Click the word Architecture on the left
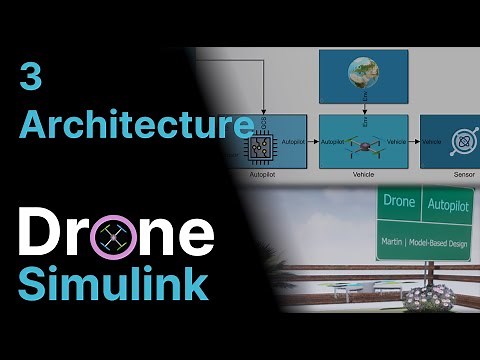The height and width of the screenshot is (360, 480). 136,125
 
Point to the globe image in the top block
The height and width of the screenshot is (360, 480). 362,76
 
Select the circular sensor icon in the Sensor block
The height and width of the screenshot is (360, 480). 459,142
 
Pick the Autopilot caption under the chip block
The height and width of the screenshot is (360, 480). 267,174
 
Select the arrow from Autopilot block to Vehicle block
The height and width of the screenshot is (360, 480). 312,142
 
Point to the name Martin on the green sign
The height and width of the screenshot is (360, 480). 394,243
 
